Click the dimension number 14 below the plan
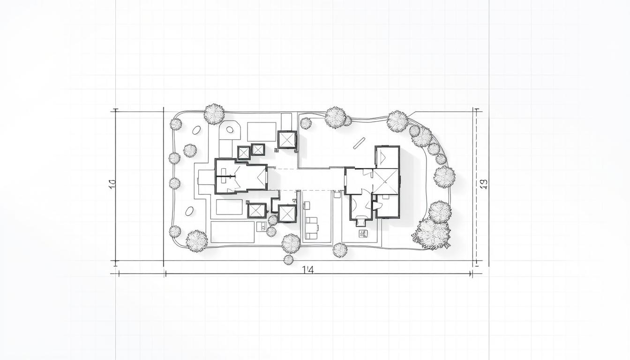(307, 270)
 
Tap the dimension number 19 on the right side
(484, 184)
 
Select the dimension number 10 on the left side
(112, 184)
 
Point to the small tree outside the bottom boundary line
(288, 259)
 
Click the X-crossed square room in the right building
(386, 181)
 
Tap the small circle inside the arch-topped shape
(229, 129)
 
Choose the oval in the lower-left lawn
(189, 211)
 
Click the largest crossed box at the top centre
(287, 140)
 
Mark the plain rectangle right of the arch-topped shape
(262, 132)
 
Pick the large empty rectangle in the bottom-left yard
(232, 232)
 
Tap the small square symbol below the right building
(362, 233)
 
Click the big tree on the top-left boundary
(214, 114)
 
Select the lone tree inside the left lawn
(190, 150)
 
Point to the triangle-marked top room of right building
(387, 157)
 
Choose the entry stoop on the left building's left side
(206, 177)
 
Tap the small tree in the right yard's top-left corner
(306, 123)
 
